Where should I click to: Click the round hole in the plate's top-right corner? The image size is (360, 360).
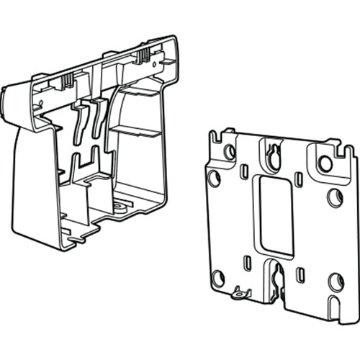[x=325, y=163]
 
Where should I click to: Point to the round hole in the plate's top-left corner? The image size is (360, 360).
[x=230, y=151]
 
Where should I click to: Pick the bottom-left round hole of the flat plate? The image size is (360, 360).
[x=218, y=277]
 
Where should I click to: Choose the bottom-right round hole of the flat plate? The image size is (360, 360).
[x=336, y=280]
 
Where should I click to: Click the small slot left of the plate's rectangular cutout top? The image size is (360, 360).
[x=245, y=171]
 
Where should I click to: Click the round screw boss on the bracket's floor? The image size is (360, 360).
[x=119, y=207]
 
